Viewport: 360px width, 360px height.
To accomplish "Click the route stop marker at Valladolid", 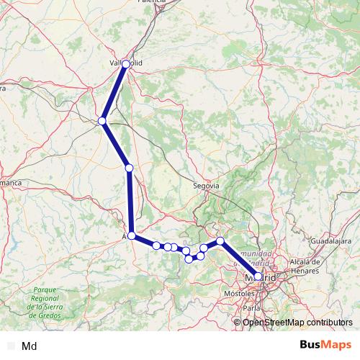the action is [126, 64].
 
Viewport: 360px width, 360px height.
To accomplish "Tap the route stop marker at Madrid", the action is [258, 276].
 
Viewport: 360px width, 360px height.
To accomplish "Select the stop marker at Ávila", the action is [132, 235].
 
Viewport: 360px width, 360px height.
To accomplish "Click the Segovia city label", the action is [206, 186].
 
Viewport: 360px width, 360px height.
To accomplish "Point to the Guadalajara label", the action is [334, 240].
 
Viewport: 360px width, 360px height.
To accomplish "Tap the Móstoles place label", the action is [240, 295].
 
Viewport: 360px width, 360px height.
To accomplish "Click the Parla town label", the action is [251, 308].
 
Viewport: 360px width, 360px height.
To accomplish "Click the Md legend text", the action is [30, 346].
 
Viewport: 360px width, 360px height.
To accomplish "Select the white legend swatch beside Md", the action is [10, 346].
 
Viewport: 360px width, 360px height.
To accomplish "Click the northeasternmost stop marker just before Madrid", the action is [220, 241].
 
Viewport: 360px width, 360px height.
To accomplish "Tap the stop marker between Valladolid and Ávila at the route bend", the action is [103, 121].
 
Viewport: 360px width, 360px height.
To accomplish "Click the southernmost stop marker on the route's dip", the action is [189, 259].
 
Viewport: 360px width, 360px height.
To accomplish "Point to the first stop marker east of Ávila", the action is [156, 246].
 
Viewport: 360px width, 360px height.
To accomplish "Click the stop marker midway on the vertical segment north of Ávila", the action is [129, 168].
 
